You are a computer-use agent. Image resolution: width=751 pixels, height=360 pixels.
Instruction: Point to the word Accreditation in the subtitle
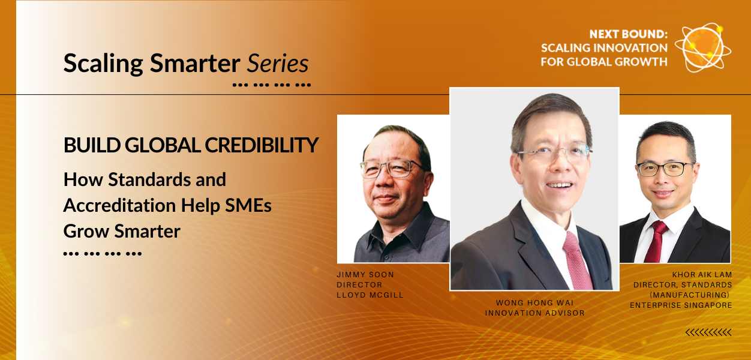pyautogui.click(x=112, y=205)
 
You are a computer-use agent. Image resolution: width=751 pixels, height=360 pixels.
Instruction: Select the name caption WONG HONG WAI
pyautogui.click(x=534, y=302)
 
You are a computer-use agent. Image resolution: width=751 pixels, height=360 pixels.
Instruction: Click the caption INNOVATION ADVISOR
pyautogui.click(x=534, y=313)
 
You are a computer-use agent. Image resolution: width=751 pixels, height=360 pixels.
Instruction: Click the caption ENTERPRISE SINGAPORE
pyautogui.click(x=681, y=305)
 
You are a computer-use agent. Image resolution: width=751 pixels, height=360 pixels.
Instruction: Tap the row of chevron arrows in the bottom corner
pyautogui.click(x=708, y=332)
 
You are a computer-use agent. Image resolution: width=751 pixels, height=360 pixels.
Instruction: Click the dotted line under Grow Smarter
pyautogui.click(x=102, y=254)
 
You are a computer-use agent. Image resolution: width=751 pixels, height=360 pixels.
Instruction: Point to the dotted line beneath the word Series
pyautogui.click(x=271, y=85)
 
